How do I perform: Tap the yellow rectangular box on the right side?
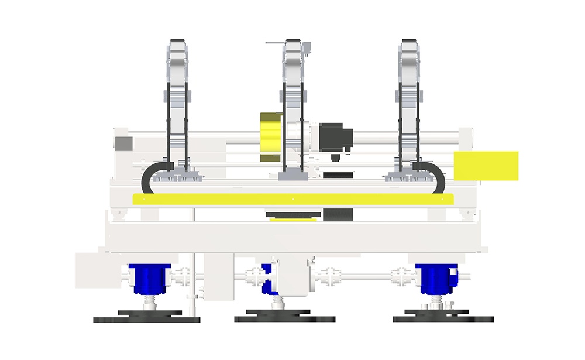pos(486,164)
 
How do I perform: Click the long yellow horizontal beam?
pos(290,199)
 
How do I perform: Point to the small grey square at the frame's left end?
pos(123,143)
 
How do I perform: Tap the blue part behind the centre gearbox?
pos(267,279)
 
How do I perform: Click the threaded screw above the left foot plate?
pos(149,303)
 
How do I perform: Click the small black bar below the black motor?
pos(338,174)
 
